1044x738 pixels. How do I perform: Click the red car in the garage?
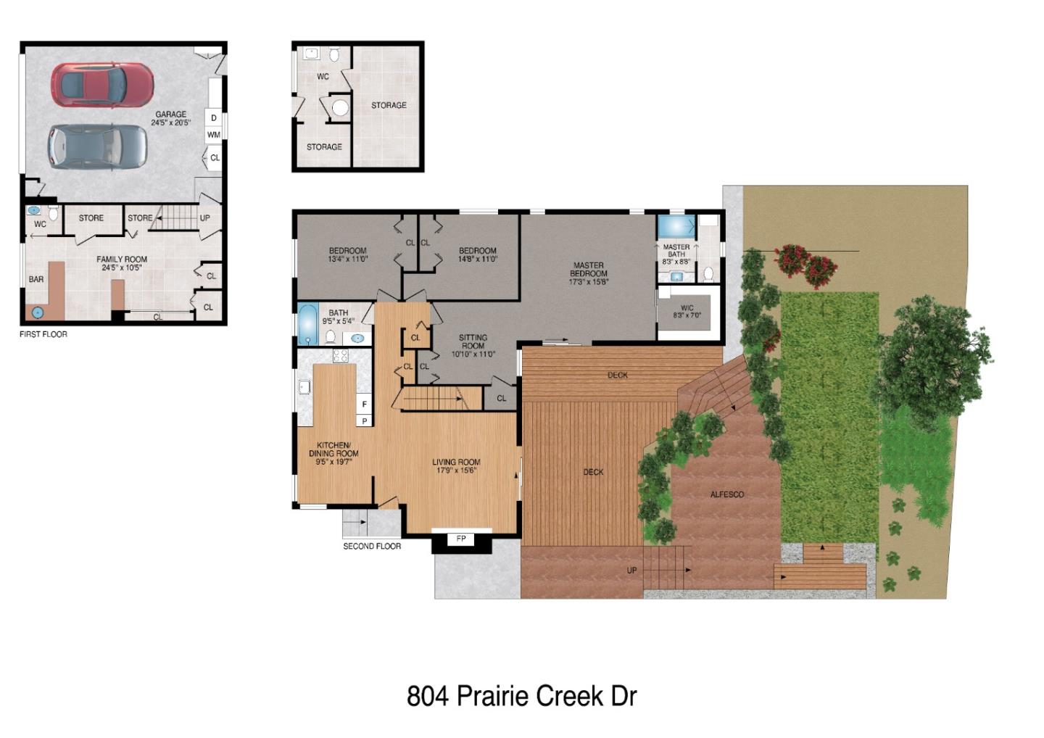pyautogui.click(x=102, y=84)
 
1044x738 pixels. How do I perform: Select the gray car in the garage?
pyautogui.click(x=97, y=146)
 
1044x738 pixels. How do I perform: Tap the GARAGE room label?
pyautogui.click(x=171, y=118)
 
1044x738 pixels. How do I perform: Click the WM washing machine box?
pyautogui.click(x=213, y=135)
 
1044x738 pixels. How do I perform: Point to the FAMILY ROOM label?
pyautogui.click(x=122, y=263)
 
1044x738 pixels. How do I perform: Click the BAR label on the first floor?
pyautogui.click(x=36, y=279)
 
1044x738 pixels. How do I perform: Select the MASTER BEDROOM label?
pyautogui.click(x=588, y=273)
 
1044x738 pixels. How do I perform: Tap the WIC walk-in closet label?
pyautogui.click(x=687, y=312)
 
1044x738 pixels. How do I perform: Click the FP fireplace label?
pyautogui.click(x=461, y=539)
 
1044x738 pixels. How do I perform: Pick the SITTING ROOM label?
pyautogui.click(x=473, y=346)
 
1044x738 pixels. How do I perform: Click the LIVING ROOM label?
pyautogui.click(x=456, y=465)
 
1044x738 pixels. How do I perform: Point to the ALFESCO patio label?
pyautogui.click(x=726, y=494)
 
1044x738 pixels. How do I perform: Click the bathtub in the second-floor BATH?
pyautogui.click(x=307, y=324)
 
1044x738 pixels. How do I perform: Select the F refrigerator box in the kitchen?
pyautogui.click(x=364, y=405)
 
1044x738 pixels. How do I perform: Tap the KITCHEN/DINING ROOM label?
pyautogui.click(x=333, y=453)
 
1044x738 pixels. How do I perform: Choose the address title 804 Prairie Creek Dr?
pyautogui.click(x=521, y=696)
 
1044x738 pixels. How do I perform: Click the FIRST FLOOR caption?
pyautogui.click(x=43, y=334)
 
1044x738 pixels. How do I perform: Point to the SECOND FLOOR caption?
pyautogui.click(x=372, y=546)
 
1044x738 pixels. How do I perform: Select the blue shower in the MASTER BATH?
pyautogui.click(x=676, y=226)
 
